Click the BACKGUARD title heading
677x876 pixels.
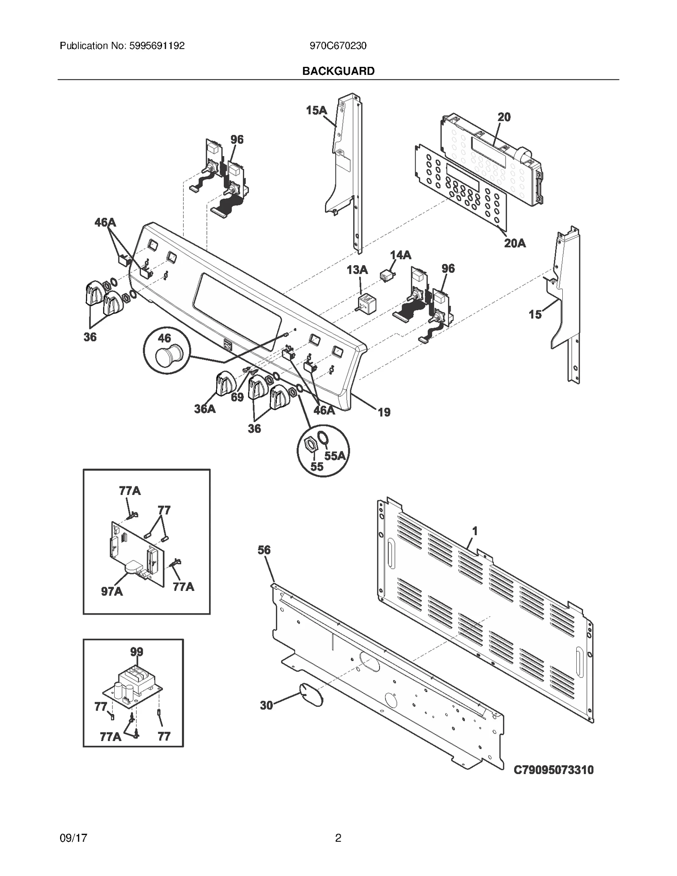[338, 71]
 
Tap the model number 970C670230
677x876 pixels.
[338, 46]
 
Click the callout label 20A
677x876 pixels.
[515, 243]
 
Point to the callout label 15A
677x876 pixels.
[316, 110]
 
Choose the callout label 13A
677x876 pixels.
[357, 270]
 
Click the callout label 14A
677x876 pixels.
[400, 255]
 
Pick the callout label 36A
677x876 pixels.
[205, 409]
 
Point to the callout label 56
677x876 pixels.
[264, 550]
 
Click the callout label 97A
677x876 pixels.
[112, 591]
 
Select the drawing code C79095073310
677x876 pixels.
[553, 770]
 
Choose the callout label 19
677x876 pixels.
[384, 412]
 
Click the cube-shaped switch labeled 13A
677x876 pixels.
[366, 303]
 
